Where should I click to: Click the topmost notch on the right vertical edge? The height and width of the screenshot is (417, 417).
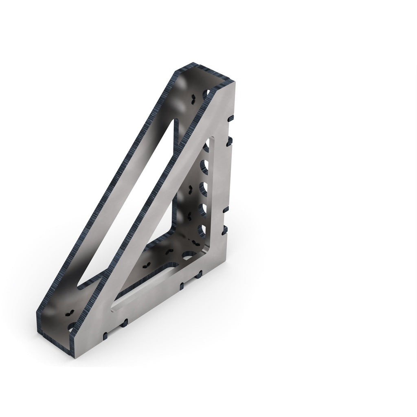pos(230,119)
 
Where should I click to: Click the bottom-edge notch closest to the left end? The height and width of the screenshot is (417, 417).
pos(105,335)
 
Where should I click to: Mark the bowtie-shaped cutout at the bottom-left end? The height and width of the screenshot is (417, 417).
pos(68,314)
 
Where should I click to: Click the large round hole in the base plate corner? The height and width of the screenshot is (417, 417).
pos(188,256)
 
